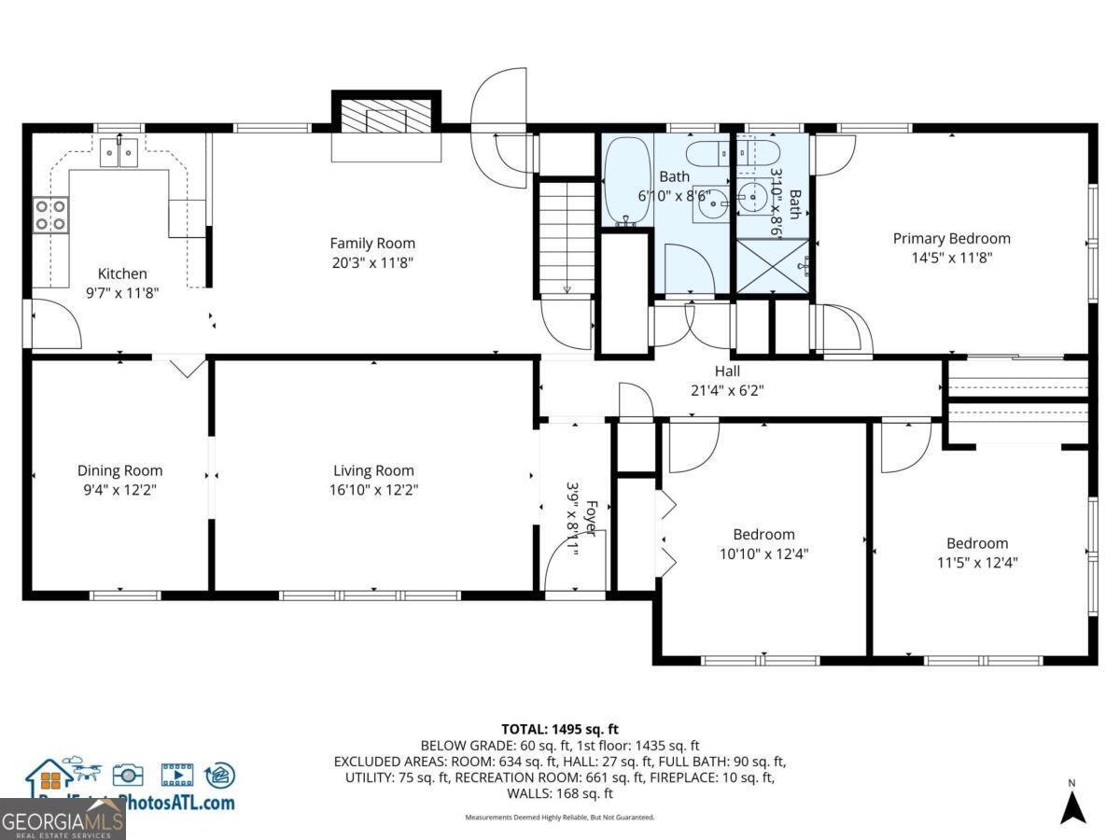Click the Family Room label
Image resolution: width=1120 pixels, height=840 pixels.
click(x=371, y=244)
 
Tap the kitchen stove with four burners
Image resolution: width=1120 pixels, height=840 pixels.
click(x=50, y=216)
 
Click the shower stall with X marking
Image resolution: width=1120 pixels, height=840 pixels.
click(x=774, y=266)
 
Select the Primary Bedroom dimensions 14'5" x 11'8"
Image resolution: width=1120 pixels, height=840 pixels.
click(x=951, y=258)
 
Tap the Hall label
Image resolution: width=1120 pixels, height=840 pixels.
click(x=727, y=371)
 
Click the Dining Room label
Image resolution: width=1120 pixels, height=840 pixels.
click(x=119, y=471)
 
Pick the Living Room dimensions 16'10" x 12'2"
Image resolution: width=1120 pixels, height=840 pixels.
click(x=373, y=490)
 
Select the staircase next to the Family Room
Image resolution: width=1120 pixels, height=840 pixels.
click(x=565, y=237)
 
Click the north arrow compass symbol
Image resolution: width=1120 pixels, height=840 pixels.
click(x=1073, y=805)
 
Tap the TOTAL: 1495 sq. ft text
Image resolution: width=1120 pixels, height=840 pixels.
click(x=560, y=729)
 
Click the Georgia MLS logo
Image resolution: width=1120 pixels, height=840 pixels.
click(x=63, y=820)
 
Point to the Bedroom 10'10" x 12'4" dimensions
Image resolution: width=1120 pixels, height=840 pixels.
click(x=763, y=553)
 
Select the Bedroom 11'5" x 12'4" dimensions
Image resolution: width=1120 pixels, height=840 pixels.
click(x=976, y=563)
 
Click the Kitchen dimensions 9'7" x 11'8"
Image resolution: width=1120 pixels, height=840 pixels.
click(x=122, y=292)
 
